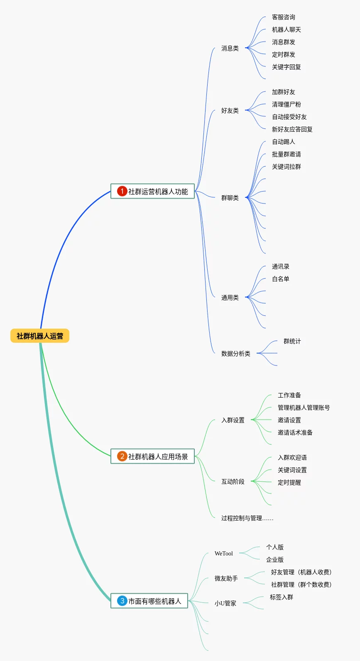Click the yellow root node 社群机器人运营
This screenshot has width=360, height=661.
click(x=40, y=336)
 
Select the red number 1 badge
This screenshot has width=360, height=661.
click(x=122, y=191)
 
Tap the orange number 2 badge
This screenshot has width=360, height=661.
click(x=122, y=456)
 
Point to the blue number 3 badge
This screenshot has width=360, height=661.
click(x=122, y=601)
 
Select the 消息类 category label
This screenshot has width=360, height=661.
click(x=230, y=49)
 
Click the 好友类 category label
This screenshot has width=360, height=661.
click(x=230, y=111)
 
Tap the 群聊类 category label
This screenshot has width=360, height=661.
click(x=230, y=198)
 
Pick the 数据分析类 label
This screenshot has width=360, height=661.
click(x=235, y=354)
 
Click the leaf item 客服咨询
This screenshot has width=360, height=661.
click(x=283, y=17)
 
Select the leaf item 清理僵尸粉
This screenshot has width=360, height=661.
click(x=286, y=105)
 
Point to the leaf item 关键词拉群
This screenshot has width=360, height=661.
click(x=286, y=167)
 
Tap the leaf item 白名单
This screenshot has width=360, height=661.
click(x=280, y=279)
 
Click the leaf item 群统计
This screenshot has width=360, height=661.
click(x=292, y=342)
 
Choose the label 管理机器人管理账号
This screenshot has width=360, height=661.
click(x=304, y=408)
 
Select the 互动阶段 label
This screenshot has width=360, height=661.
click(x=233, y=482)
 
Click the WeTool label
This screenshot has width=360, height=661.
click(x=223, y=554)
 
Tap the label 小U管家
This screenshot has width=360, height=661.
click(x=225, y=604)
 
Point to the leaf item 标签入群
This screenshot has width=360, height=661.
click(x=281, y=597)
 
